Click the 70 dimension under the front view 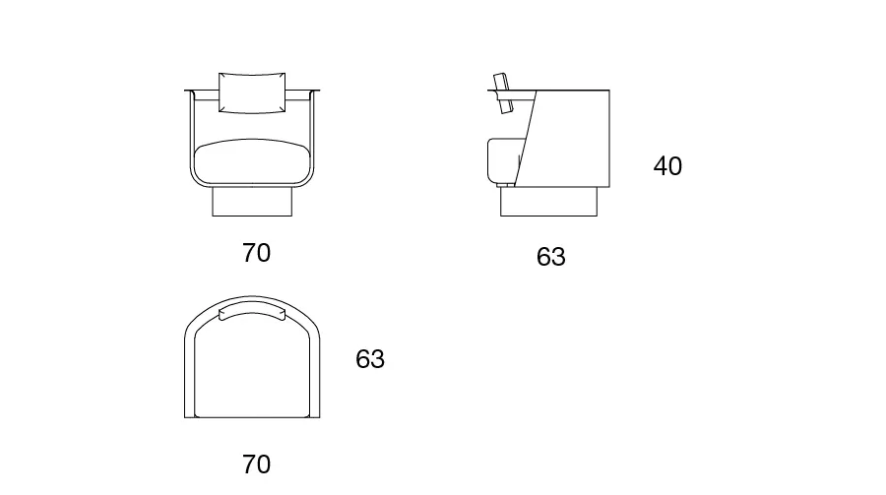(x=256, y=253)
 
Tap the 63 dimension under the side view (x=551, y=257)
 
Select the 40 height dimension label (x=667, y=166)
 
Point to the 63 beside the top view (x=370, y=359)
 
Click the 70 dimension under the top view (x=256, y=464)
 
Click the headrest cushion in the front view (x=252, y=93)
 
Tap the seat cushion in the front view (x=252, y=161)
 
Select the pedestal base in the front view (x=252, y=202)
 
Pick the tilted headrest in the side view (x=501, y=93)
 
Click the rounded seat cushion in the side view (x=503, y=161)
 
